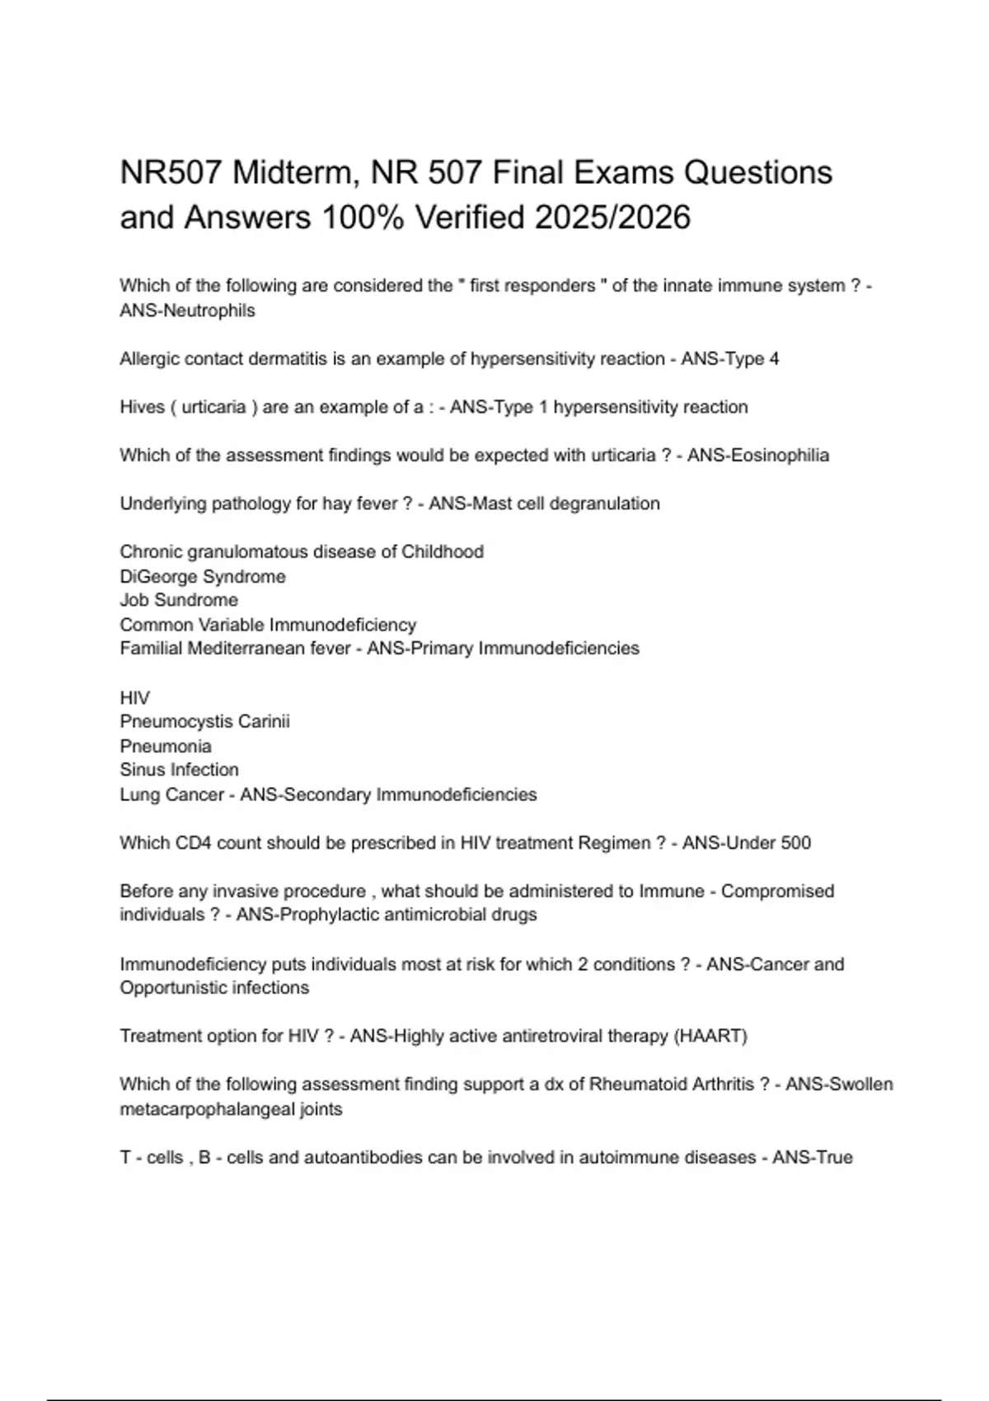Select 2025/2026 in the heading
point(612,218)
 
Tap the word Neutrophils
point(210,311)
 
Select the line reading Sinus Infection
point(179,770)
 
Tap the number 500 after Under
point(794,843)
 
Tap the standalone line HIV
point(134,698)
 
